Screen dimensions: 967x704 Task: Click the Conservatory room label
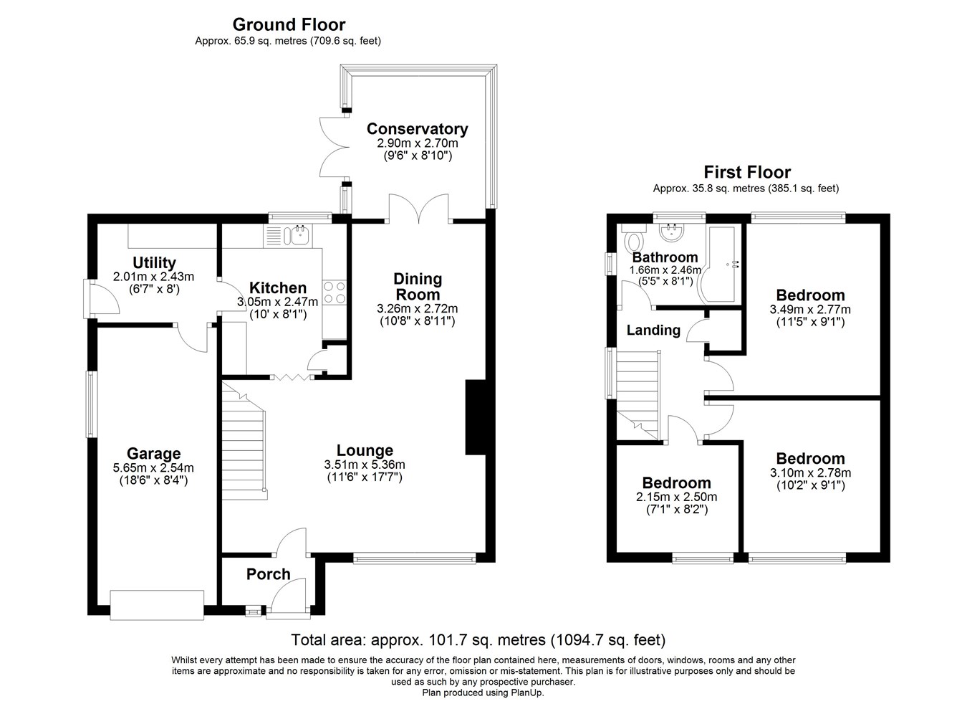(417, 129)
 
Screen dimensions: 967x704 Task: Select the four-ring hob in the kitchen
(334, 292)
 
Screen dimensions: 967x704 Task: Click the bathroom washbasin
(671, 232)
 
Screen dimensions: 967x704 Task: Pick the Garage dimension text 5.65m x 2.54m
(153, 467)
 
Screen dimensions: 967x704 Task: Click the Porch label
(268, 574)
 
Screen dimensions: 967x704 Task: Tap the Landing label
(653, 330)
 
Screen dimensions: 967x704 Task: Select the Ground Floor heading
(289, 24)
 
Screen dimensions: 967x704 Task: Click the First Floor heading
(747, 172)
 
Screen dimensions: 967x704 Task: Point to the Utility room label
(154, 263)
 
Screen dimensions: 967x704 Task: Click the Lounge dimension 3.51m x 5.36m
(365, 465)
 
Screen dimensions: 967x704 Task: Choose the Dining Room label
(418, 287)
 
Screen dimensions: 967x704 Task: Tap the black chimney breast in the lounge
(476, 417)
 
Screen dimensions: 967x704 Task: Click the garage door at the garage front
(157, 605)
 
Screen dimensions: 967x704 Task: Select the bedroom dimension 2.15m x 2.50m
(676, 497)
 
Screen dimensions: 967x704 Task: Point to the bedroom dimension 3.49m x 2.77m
(810, 310)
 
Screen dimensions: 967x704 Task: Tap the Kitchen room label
(278, 287)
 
